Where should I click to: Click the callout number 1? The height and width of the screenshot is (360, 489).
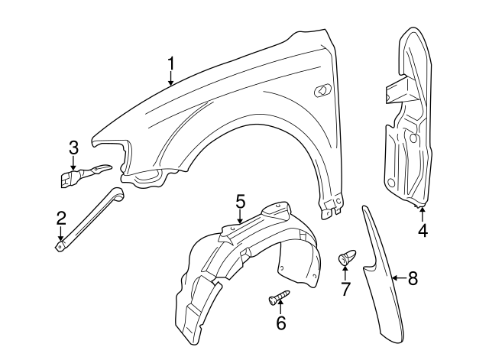click(172, 63)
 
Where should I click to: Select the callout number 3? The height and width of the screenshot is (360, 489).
click(73, 147)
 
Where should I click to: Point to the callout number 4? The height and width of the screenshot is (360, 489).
click(423, 229)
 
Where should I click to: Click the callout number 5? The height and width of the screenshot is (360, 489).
click(240, 202)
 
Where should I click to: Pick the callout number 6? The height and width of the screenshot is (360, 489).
click(280, 323)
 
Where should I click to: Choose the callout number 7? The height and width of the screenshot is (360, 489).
click(345, 289)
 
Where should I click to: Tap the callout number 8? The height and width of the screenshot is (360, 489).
click(413, 279)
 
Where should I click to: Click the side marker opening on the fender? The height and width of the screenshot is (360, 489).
click(322, 91)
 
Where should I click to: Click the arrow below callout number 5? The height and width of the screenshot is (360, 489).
click(240, 218)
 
